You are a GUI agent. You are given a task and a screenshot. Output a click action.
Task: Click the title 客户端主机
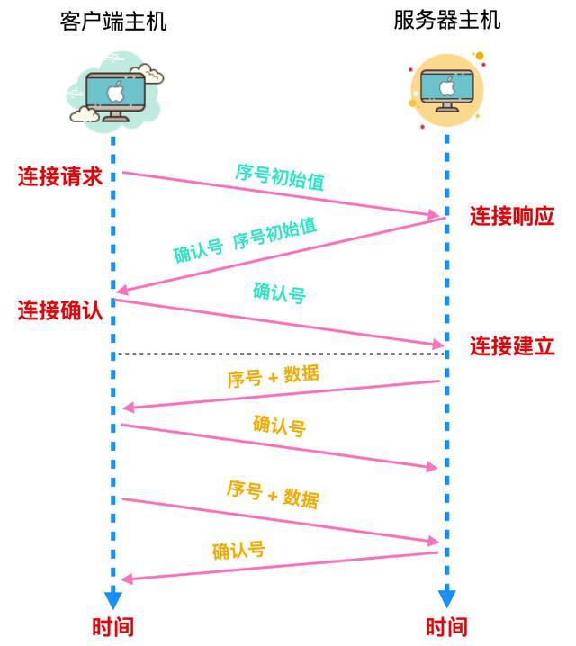[113, 21]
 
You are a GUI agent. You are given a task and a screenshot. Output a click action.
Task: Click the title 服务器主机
[447, 20]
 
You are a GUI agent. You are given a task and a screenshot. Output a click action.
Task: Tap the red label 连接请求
[60, 176]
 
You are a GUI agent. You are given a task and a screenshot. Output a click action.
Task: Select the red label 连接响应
[512, 215]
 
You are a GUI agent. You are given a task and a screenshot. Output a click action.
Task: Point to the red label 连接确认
[60, 310]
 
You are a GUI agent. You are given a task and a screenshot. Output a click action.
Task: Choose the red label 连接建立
[512, 345]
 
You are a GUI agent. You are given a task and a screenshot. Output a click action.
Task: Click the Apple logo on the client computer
[115, 92]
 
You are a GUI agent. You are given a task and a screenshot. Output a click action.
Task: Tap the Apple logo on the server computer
[447, 86]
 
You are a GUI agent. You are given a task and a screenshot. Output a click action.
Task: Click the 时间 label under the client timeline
[112, 626]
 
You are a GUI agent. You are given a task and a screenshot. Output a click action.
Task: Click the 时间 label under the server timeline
[446, 626]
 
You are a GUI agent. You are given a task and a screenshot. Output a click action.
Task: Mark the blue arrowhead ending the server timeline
[446, 597]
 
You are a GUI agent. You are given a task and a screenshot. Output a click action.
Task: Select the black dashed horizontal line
[280, 354]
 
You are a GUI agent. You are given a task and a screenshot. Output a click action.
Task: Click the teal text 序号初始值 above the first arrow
[280, 176]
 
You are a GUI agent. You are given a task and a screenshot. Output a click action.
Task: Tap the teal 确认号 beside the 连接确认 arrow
[279, 293]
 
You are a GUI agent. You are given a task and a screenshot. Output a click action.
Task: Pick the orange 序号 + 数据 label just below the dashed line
[274, 375]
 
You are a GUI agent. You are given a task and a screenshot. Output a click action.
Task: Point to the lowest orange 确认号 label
[238, 551]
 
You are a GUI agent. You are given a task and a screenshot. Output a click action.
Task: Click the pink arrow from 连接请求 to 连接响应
[281, 193]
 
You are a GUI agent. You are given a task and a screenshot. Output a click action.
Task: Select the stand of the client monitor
[115, 116]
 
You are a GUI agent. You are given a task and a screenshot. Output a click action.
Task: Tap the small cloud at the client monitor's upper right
[148, 73]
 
